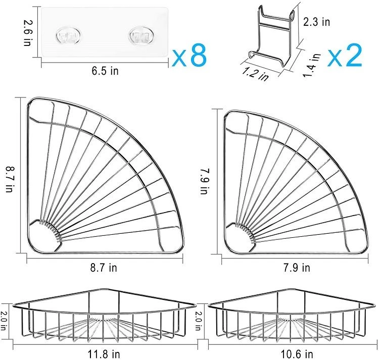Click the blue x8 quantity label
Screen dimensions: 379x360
[189, 56]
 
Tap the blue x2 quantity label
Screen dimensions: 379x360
[345, 56]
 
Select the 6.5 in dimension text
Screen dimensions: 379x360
[105, 71]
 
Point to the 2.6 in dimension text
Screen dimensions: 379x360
[28, 33]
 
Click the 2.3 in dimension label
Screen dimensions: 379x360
[317, 22]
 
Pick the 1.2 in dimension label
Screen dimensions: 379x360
[256, 74]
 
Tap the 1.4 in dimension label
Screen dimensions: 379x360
[312, 65]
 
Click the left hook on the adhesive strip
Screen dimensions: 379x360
[68, 36]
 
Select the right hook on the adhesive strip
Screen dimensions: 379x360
[140, 36]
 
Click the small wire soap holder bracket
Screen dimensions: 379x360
[273, 36]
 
